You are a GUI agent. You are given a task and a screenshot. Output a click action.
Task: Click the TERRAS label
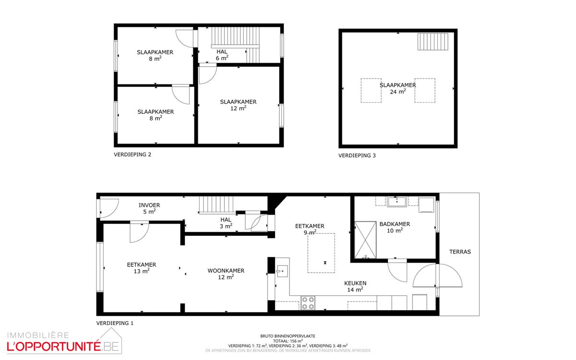point(460,252)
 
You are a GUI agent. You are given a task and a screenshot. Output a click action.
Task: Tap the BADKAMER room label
point(395,224)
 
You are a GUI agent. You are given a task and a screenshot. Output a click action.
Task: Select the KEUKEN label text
point(355,283)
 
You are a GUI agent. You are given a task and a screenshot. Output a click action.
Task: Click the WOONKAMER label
point(226,271)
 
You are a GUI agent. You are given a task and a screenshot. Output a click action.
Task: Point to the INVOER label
point(149,205)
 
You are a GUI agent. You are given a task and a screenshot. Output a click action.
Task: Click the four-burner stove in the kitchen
point(308,303)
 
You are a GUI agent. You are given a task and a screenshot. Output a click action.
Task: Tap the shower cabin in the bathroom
point(365,240)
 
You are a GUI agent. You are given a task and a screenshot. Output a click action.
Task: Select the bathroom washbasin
point(396,202)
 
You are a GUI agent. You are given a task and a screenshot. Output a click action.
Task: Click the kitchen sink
point(282,271)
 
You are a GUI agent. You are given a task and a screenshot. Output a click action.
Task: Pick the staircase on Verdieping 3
point(433,41)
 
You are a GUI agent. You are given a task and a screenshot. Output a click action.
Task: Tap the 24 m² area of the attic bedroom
point(398,92)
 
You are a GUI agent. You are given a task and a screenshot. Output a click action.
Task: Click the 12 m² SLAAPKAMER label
point(238,105)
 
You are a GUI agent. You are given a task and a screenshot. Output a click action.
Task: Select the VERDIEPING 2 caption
point(132,155)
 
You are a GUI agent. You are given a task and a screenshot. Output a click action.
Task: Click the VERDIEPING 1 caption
point(115,323)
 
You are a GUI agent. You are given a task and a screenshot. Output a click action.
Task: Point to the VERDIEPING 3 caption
point(357,156)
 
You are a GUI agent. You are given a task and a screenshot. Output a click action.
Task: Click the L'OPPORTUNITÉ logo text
point(53,346)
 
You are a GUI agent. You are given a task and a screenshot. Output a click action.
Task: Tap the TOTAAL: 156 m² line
point(288,341)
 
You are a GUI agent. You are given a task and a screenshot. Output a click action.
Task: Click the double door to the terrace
point(437,276)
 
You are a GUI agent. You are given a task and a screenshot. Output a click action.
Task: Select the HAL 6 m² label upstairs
point(222,55)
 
